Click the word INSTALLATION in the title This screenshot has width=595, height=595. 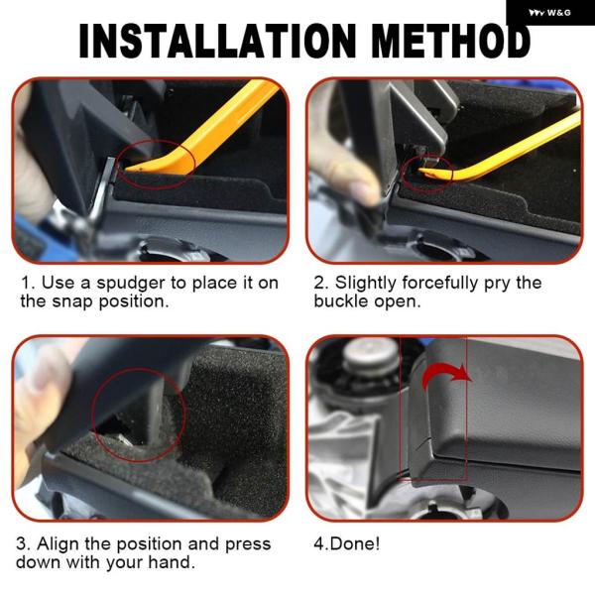[217, 41]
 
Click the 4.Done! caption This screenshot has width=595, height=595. [347, 543]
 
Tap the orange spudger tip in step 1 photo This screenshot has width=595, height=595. [131, 168]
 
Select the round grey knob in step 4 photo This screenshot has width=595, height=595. [371, 356]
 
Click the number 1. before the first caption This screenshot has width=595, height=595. [28, 283]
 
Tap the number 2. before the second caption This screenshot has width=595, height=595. [320, 283]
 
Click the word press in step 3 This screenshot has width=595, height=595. [248, 545]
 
